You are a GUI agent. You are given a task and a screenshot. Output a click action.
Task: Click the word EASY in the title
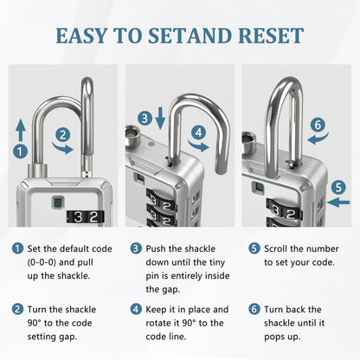(82, 35)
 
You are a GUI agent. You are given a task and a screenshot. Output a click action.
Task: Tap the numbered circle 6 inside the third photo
(318, 125)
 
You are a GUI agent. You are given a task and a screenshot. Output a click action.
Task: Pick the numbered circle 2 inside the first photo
(62, 134)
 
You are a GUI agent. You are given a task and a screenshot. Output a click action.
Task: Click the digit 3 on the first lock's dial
(78, 217)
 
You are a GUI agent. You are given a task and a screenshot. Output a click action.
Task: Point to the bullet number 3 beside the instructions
(135, 247)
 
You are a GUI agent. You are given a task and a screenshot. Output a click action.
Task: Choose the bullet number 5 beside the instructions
(254, 247)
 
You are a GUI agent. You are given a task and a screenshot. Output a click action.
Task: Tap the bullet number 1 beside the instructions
(17, 247)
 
